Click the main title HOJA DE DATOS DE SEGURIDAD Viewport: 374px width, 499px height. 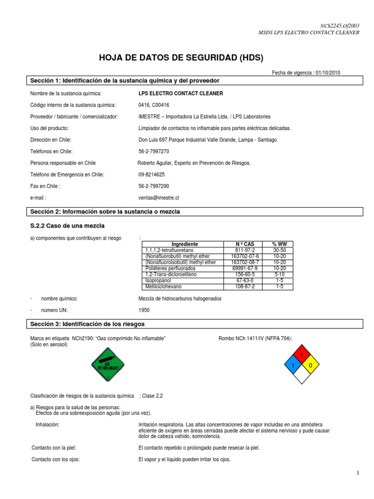coord(181,58)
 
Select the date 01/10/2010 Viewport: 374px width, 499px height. coord(328,73)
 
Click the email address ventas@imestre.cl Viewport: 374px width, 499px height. coord(159,198)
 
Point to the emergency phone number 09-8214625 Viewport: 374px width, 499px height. coord(151,174)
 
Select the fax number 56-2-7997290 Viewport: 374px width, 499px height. coord(154,186)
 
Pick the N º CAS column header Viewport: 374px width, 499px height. coord(241,244)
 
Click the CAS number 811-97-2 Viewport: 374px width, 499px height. coord(241,250)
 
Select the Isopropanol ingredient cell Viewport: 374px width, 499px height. coord(158,281)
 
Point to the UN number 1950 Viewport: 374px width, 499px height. coord(144,310)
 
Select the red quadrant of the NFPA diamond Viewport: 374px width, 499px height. coord(301,354)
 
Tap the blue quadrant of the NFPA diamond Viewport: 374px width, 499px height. coord(293,365)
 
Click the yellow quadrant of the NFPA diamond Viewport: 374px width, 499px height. coord(310,365)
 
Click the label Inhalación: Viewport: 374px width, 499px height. coord(48,425)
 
